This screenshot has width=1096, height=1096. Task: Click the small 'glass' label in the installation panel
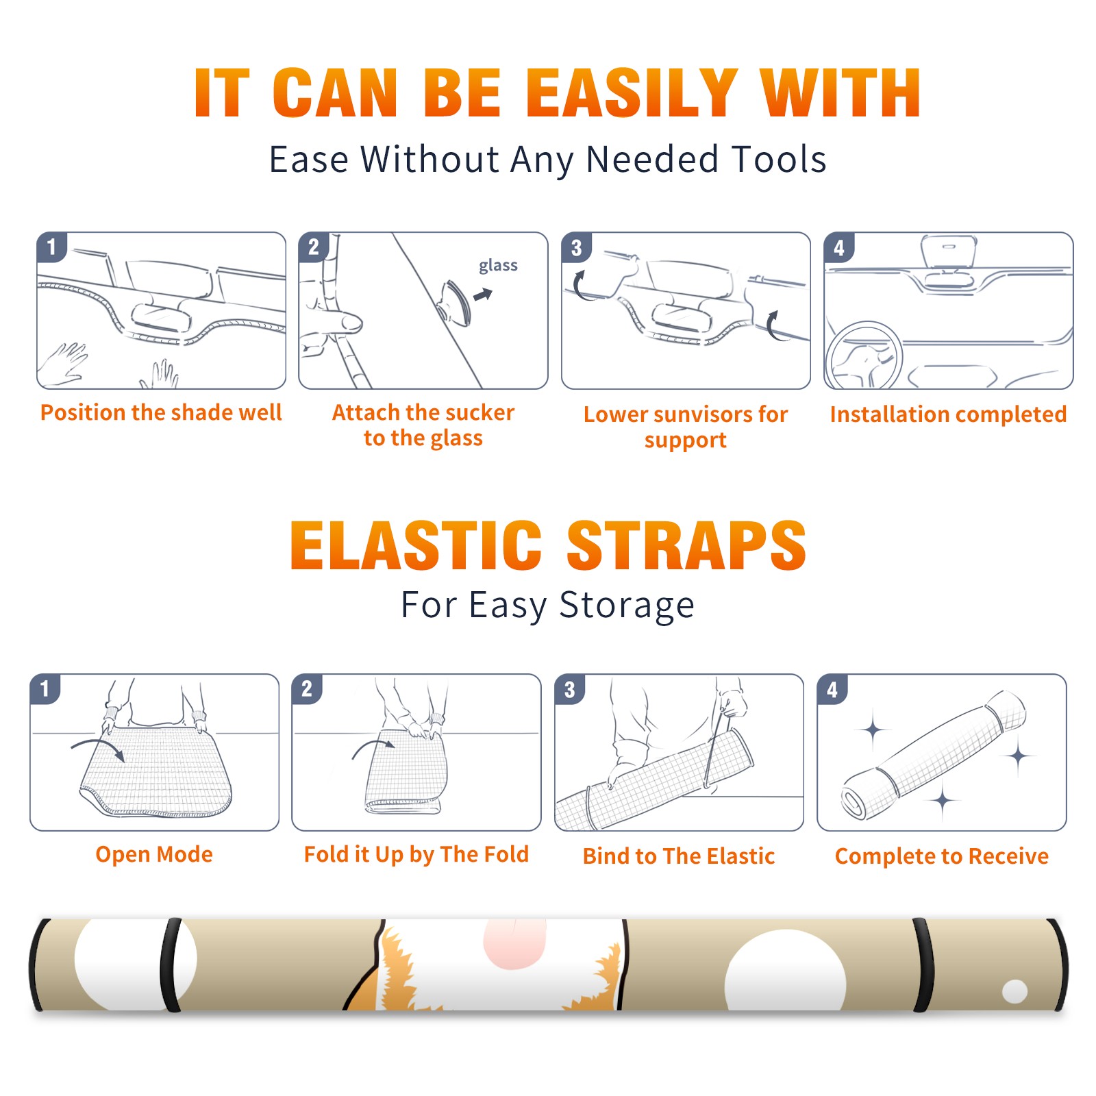pos(498,266)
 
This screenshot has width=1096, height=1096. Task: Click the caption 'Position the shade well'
pos(161,412)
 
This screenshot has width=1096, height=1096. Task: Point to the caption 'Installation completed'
pos(948,414)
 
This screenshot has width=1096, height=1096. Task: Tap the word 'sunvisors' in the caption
pos(703,414)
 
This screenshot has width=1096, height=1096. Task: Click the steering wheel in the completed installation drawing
pos(864,356)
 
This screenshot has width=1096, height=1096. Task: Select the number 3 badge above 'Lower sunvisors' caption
pos(576,247)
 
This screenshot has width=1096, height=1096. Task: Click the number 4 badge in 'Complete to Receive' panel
pos(832,689)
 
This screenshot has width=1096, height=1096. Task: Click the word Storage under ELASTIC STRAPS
pos(627,606)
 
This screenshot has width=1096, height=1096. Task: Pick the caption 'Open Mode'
pos(154,854)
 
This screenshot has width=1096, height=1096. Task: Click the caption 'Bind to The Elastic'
pos(679,856)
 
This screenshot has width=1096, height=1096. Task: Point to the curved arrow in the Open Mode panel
pos(97,747)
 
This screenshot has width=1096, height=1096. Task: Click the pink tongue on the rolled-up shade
pos(514,944)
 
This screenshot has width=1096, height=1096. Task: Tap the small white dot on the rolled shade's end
pos(1014,991)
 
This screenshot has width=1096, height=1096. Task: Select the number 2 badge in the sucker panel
pos(314,247)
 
